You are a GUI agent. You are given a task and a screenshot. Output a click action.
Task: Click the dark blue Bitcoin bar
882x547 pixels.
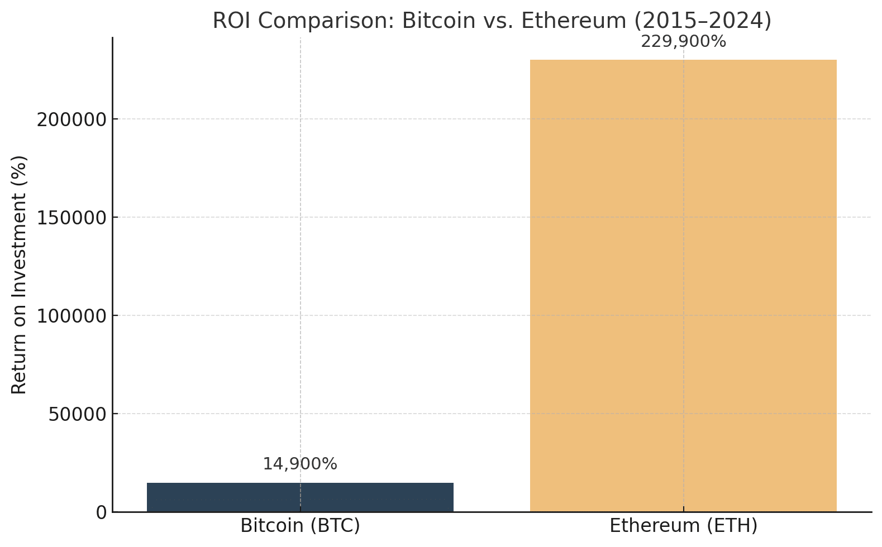coord(300,497)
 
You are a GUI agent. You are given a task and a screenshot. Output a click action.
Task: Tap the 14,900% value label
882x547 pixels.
coord(300,464)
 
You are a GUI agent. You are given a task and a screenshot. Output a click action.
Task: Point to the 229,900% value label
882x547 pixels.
coord(683,42)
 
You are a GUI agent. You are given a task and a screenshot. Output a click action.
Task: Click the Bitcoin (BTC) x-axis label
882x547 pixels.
coord(300,526)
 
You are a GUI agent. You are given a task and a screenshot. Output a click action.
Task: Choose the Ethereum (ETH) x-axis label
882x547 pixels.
coord(683,526)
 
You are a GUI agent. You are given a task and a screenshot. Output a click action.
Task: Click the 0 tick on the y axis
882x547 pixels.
coord(101,512)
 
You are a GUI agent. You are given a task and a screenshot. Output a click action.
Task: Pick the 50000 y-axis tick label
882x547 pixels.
coord(77,414)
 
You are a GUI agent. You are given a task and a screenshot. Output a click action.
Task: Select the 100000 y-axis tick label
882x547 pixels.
coord(71,316)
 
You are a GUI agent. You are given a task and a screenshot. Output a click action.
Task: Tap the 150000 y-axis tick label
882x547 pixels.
coord(71,218)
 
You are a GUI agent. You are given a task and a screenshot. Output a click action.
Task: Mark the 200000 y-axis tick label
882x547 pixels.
coord(71,119)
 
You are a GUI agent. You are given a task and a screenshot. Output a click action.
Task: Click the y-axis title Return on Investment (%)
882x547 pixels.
coord(20,274)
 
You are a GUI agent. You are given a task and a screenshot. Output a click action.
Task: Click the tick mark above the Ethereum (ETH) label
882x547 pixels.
coord(683,509)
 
